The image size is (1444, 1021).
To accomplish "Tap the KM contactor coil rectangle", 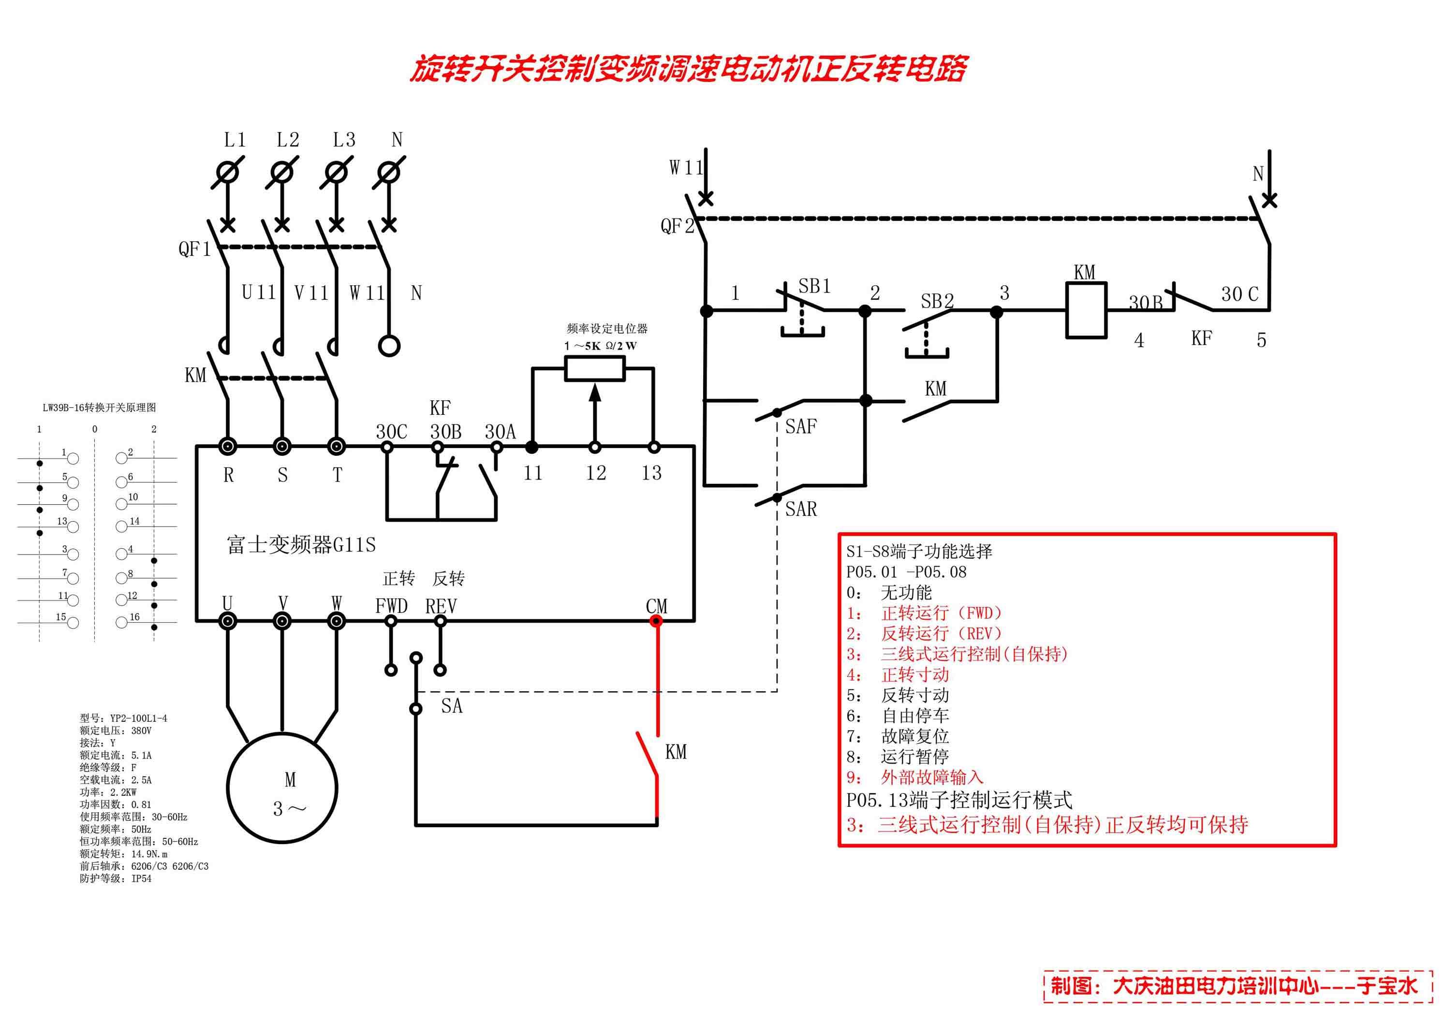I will [x=1086, y=310].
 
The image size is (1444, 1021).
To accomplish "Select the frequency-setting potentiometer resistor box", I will [x=594, y=368].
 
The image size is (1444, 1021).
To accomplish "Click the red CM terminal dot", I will [x=656, y=621].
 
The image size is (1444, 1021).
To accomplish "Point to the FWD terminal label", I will [x=391, y=606].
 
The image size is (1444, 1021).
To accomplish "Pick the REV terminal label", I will [x=441, y=606].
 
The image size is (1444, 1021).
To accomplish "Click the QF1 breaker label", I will [x=194, y=249].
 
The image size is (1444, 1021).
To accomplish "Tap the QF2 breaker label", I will [x=677, y=226].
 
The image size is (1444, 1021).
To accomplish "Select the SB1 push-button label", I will [x=814, y=287].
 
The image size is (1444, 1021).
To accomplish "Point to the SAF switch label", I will [x=801, y=427].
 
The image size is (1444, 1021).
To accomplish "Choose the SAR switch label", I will [x=801, y=509].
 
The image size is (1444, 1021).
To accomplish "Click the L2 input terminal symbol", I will [x=282, y=172].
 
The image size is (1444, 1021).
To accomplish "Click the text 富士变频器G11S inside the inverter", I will [x=301, y=544].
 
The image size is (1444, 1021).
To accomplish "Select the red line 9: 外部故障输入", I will [x=914, y=778].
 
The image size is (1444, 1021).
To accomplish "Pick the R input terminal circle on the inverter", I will [x=228, y=446].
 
